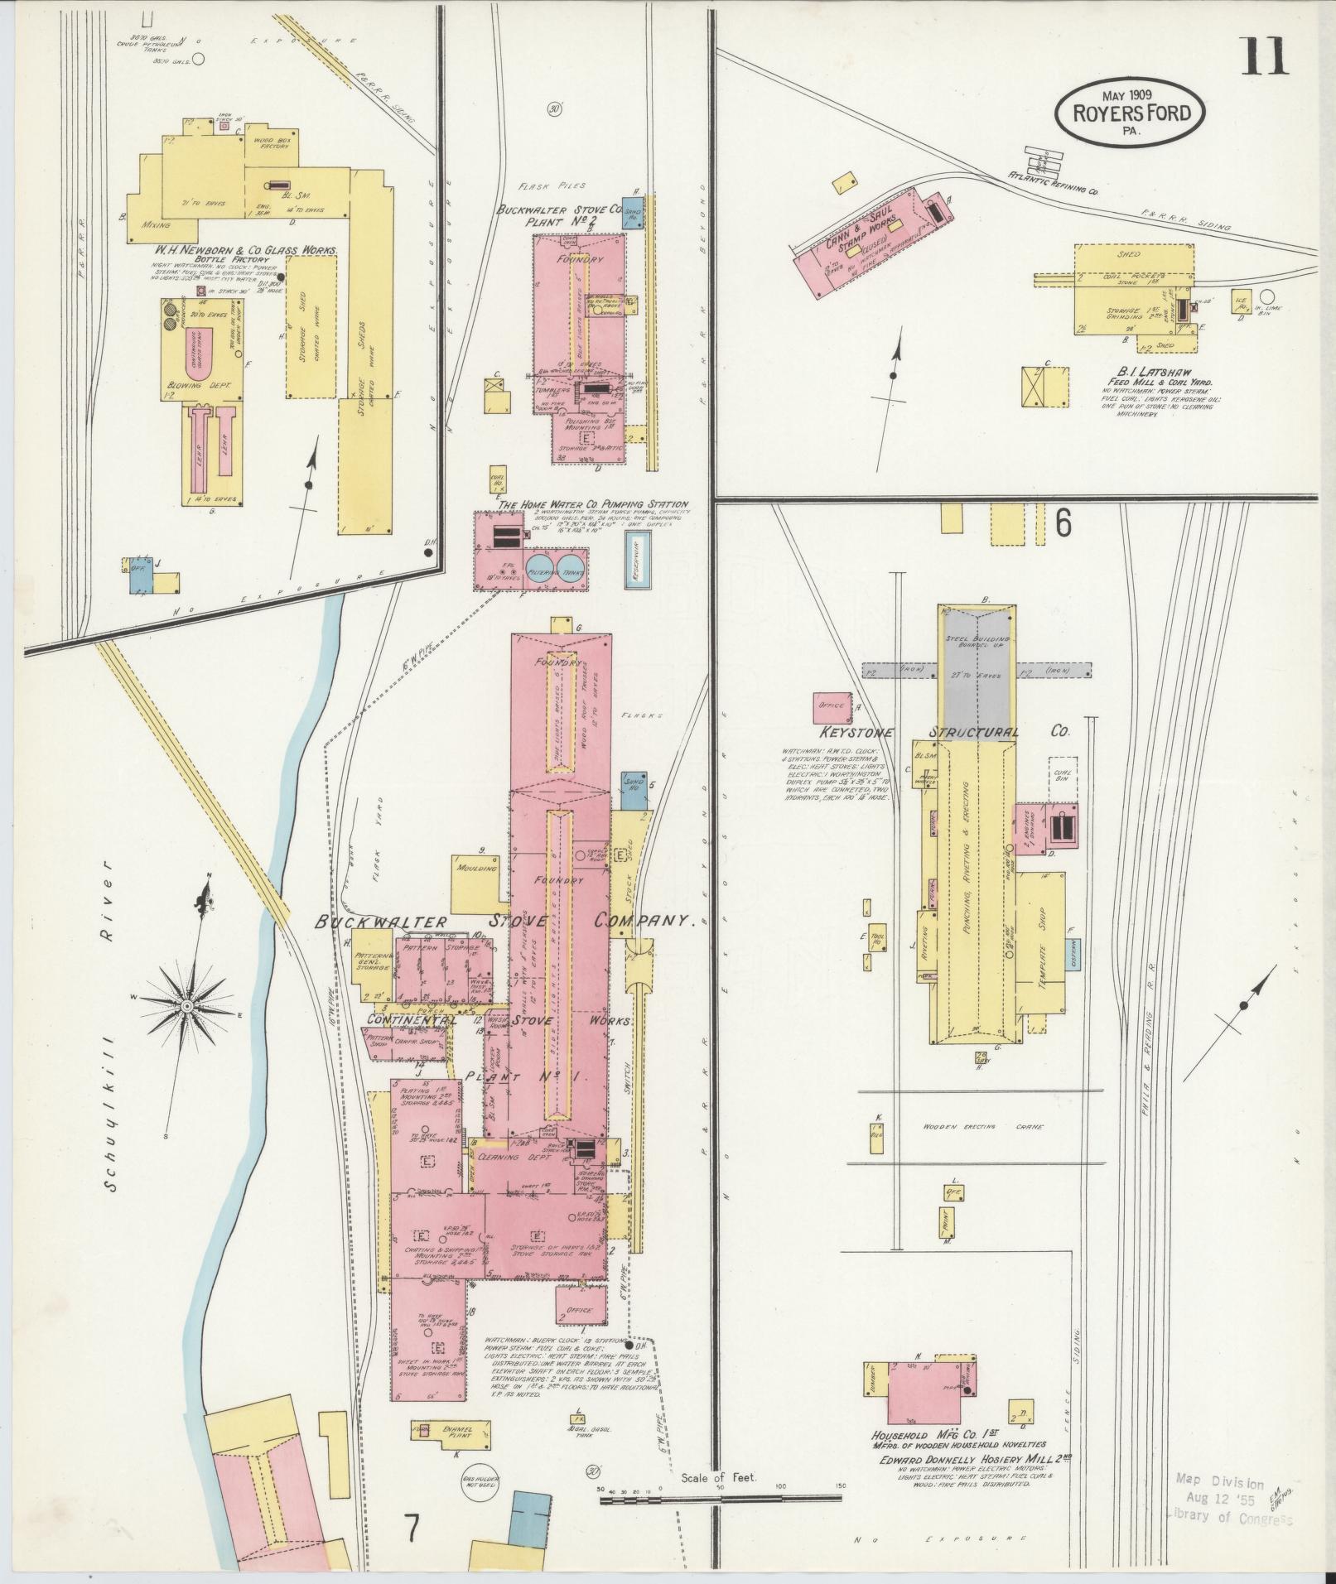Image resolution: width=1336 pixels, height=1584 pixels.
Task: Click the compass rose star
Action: tap(187, 1005)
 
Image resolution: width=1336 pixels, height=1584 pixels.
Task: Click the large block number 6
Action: tap(1063, 522)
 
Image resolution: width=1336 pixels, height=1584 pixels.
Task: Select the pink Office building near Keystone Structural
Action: tap(832, 705)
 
